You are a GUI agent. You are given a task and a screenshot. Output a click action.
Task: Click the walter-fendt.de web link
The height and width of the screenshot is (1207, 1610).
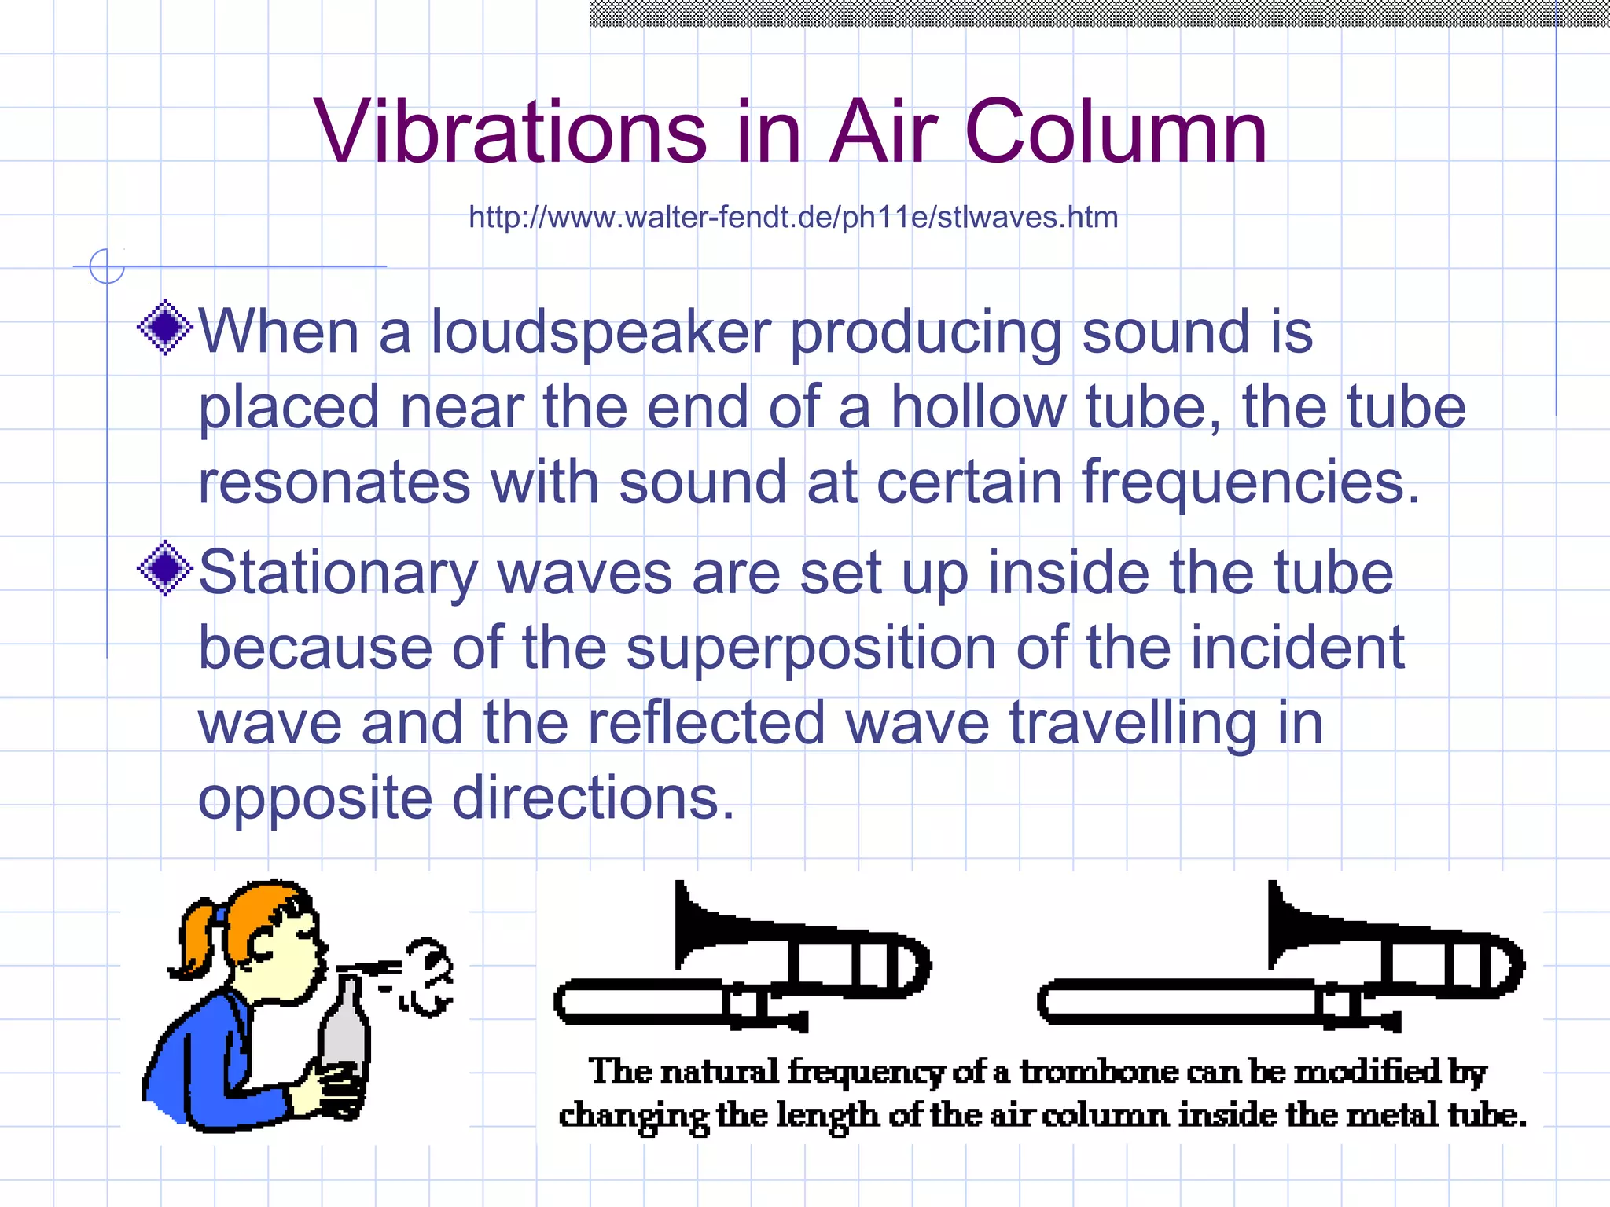793,217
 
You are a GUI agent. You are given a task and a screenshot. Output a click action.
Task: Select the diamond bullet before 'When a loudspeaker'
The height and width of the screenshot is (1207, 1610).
165,327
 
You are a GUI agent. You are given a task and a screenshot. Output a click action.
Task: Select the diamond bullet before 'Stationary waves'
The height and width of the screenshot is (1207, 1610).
165,568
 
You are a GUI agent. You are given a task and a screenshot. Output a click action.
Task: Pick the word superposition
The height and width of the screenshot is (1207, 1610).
811,649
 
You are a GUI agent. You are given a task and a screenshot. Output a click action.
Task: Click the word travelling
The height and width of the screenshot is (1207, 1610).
1133,723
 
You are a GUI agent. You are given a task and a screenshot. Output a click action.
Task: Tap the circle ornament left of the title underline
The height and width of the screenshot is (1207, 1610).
107,266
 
